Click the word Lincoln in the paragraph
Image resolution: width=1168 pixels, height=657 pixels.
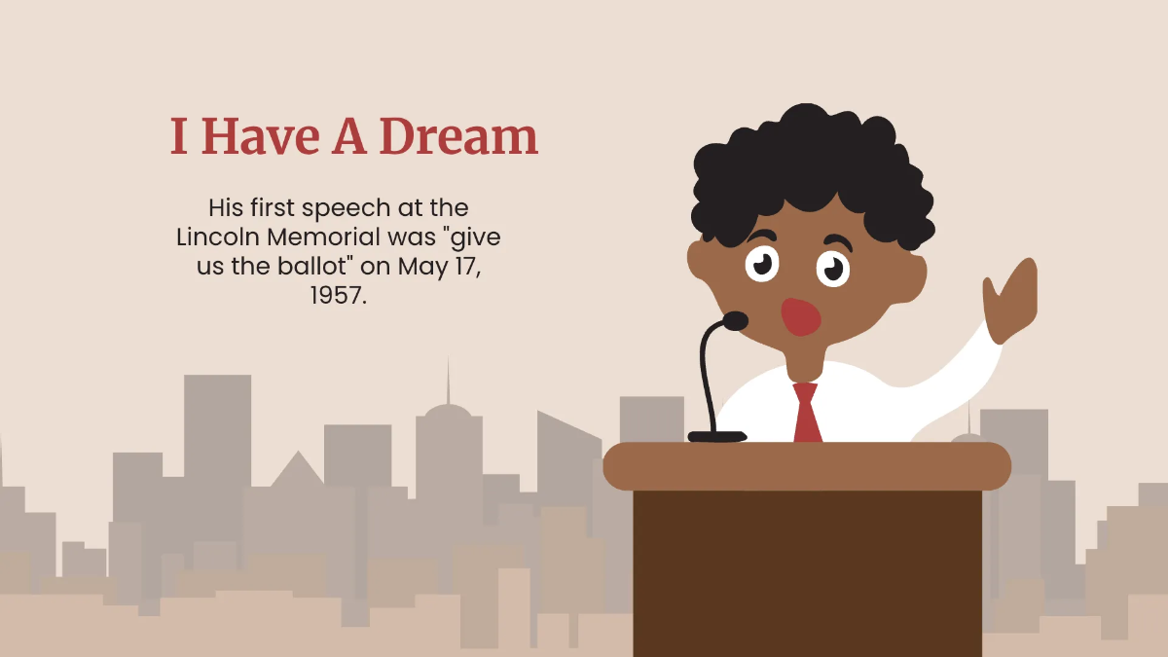[217, 237]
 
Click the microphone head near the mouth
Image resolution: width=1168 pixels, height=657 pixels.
[734, 320]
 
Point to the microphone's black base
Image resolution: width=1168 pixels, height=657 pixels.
[717, 436]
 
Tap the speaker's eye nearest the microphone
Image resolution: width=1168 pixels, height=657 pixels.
[762, 262]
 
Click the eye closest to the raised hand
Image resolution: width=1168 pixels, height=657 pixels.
[833, 268]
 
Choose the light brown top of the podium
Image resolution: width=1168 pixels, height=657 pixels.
[807, 465]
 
